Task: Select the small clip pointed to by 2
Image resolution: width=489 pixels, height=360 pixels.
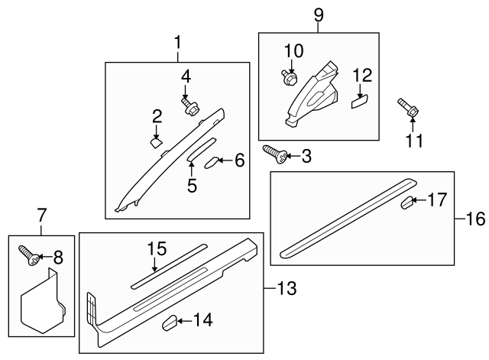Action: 155,141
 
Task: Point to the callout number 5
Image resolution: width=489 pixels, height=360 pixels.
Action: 191,184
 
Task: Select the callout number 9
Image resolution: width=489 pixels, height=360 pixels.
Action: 319,15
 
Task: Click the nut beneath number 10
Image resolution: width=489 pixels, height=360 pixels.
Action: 288,76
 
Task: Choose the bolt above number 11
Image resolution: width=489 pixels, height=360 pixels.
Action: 407,109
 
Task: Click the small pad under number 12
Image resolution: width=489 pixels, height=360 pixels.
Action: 360,100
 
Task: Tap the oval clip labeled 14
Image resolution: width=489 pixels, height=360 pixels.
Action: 170,322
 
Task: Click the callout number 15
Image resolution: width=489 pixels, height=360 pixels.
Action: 156,248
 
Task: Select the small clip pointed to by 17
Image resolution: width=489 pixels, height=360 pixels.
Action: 409,203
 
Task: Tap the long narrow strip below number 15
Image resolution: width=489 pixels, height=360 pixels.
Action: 168,265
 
